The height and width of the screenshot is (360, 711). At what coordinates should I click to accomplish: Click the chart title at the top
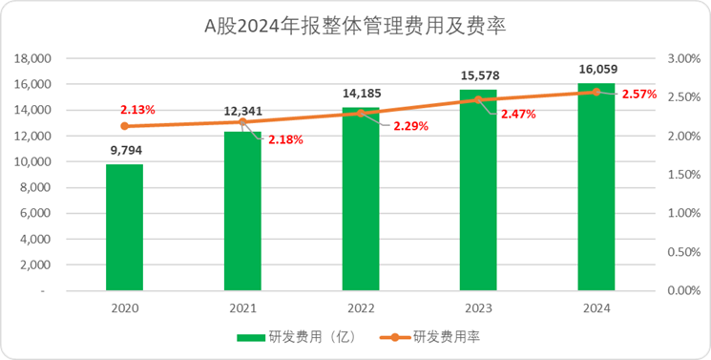pyautogui.click(x=354, y=27)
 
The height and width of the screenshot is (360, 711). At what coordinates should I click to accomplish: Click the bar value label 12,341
pyautogui.click(x=241, y=113)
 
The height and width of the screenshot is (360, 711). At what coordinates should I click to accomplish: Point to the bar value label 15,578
pyautogui.click(x=478, y=75)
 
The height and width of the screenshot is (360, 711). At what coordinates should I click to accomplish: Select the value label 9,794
pyautogui.click(x=124, y=150)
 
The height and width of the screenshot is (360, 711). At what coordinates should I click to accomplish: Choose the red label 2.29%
pyautogui.click(x=410, y=125)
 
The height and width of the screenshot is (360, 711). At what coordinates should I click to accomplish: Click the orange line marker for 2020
pyautogui.click(x=124, y=126)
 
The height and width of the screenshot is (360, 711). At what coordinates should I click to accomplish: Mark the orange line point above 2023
pyautogui.click(x=478, y=99)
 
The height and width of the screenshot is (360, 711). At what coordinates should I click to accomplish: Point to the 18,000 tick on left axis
pyautogui.click(x=32, y=58)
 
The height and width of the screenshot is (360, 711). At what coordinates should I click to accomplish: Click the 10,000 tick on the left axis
pyautogui.click(x=32, y=161)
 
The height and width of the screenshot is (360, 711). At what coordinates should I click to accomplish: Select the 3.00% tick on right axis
pyautogui.click(x=683, y=58)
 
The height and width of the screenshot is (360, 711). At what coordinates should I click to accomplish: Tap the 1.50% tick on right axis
pyautogui.click(x=683, y=174)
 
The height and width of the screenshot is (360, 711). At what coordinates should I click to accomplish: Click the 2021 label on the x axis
pyautogui.click(x=242, y=307)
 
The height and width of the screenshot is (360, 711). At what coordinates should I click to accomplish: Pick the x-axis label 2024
pyautogui.click(x=596, y=307)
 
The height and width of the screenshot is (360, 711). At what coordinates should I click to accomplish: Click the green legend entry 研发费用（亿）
pyautogui.click(x=296, y=337)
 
